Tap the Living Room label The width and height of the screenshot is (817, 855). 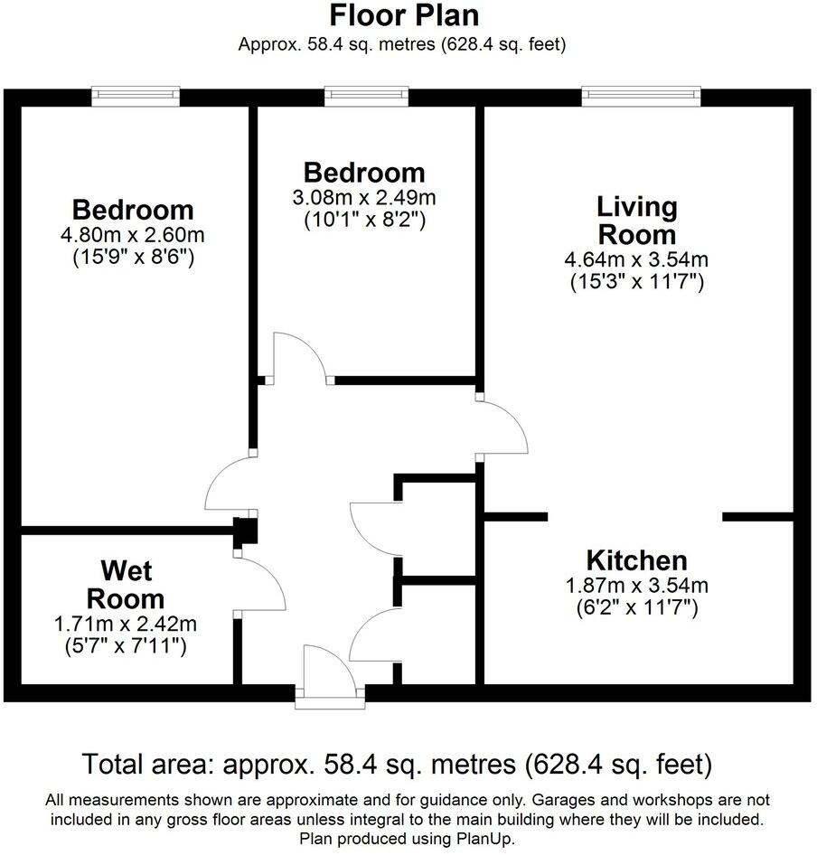[x=636, y=220]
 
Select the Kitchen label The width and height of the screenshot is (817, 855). [x=636, y=559]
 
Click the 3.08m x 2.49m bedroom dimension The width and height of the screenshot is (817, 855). [x=363, y=198]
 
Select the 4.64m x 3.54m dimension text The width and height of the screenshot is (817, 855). [x=636, y=261]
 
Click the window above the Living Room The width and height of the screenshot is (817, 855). [x=641, y=94]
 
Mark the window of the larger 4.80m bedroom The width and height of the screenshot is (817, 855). [x=136, y=94]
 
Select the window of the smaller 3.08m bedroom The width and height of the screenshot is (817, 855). [x=365, y=94]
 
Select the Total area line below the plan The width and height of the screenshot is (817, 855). [x=398, y=765]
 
